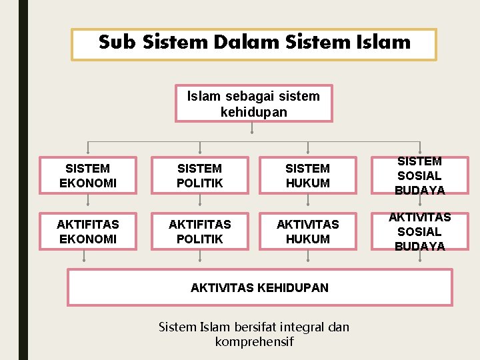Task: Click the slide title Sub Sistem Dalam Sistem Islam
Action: point(254,43)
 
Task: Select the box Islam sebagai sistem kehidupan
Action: point(253,104)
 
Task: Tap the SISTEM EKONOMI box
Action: point(87,176)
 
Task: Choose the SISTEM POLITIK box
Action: point(199,176)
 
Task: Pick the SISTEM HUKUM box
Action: point(307,176)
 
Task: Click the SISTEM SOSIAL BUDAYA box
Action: point(419,176)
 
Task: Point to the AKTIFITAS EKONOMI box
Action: point(87,232)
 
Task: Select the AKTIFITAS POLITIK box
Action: point(199,232)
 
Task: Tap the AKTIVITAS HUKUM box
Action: point(307,232)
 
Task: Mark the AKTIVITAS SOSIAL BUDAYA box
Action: point(419,232)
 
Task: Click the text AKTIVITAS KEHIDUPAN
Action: point(259,288)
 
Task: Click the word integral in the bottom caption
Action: point(303,327)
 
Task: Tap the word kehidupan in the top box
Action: point(253,112)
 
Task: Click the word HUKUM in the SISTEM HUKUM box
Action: point(307,183)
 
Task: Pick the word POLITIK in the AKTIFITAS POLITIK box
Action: point(199,239)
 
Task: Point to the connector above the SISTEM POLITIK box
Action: point(199,148)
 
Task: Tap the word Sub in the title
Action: point(117,43)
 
